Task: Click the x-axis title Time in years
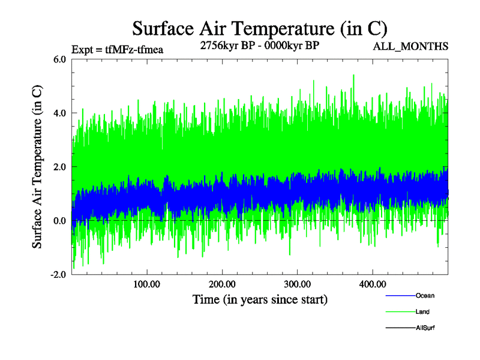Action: [260, 298]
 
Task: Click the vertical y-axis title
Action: [37, 167]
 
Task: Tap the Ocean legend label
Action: [425, 296]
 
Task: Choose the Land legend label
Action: [422, 312]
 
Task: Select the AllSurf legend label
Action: [425, 328]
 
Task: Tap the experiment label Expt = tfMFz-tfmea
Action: [117, 50]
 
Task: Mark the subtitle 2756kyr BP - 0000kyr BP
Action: [259, 45]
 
